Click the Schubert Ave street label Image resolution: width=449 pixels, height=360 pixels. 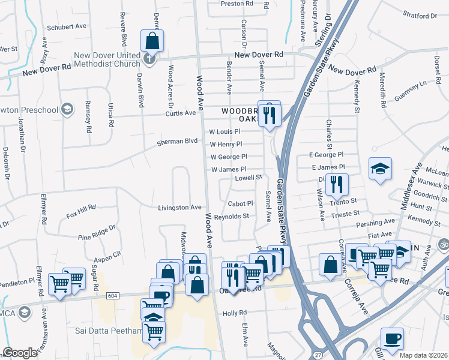pos(68,27)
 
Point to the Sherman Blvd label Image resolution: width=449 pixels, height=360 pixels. pos(177,142)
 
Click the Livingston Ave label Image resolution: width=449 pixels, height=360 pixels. pos(179,208)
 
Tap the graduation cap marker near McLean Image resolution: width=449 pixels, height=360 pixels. pos(379,168)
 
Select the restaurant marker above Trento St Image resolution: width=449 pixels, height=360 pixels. pos(339,185)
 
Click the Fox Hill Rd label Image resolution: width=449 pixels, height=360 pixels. pos(81,211)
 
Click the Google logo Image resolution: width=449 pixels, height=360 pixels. pos(20,353)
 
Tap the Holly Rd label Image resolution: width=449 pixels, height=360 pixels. pos(235,313)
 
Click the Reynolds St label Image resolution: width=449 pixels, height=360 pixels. pos(231,216)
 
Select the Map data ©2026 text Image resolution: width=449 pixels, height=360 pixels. pos(424,355)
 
